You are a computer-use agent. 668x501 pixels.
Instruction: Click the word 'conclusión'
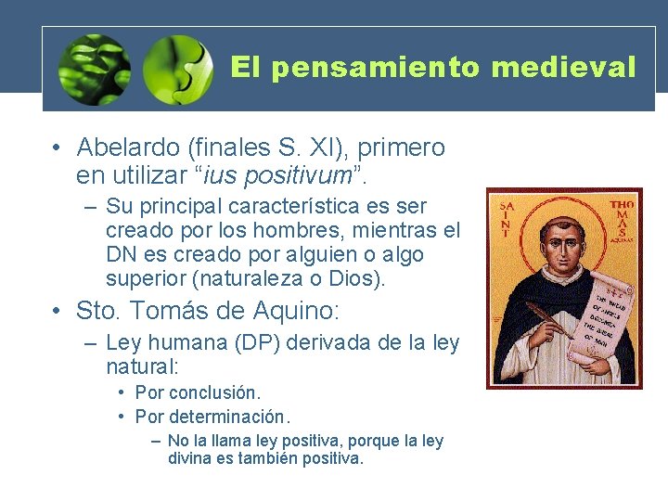coord(215,392)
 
